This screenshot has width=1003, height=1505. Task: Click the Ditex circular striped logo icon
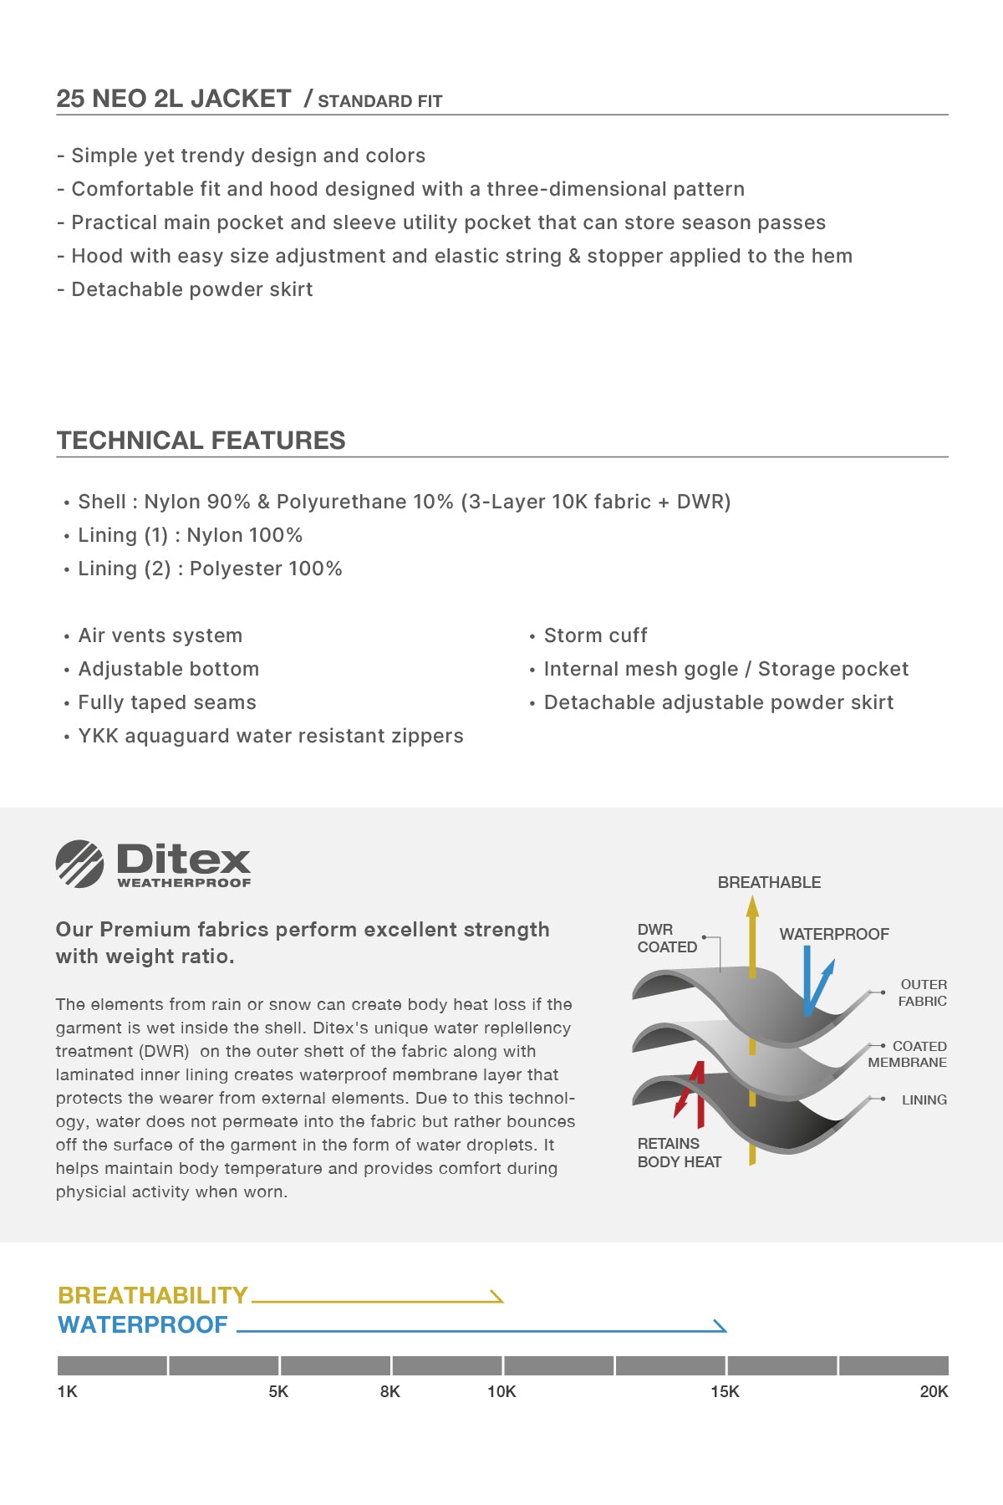79,864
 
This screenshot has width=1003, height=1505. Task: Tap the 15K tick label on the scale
725,1391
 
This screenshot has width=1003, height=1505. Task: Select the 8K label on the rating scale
389,1391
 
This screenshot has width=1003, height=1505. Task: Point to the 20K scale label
934,1391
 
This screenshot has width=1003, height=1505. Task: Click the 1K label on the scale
67,1391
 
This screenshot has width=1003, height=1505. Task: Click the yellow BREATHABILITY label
153,1295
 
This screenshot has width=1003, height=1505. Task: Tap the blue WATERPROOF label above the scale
143,1324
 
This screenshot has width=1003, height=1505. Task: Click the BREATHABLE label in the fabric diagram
769,882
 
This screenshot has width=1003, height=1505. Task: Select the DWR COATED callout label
666,938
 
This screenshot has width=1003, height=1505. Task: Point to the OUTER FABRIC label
923,992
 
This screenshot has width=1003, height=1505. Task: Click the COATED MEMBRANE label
908,1054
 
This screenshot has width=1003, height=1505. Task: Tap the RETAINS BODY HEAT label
679,1152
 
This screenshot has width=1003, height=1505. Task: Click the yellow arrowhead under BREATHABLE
752,906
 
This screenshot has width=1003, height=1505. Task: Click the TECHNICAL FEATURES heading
201,440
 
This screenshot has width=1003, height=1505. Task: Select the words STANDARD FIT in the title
379,101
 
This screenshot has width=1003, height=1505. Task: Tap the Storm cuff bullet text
595,635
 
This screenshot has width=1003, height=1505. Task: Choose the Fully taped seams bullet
167,702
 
